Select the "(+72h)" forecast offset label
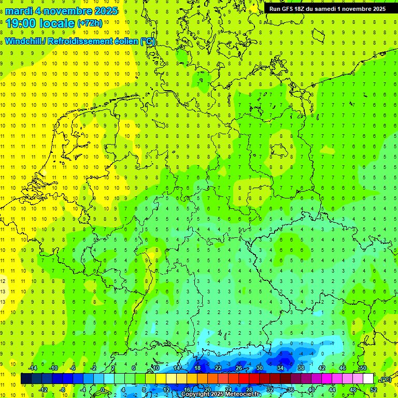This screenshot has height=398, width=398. (90, 23)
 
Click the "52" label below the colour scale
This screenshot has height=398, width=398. (373, 389)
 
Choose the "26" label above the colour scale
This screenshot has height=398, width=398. (238, 368)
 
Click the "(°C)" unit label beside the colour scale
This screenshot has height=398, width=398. (386, 379)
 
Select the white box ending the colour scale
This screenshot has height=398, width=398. (368, 379)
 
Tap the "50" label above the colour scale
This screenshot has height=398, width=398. (363, 368)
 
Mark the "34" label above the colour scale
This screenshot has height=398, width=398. (280, 368)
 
